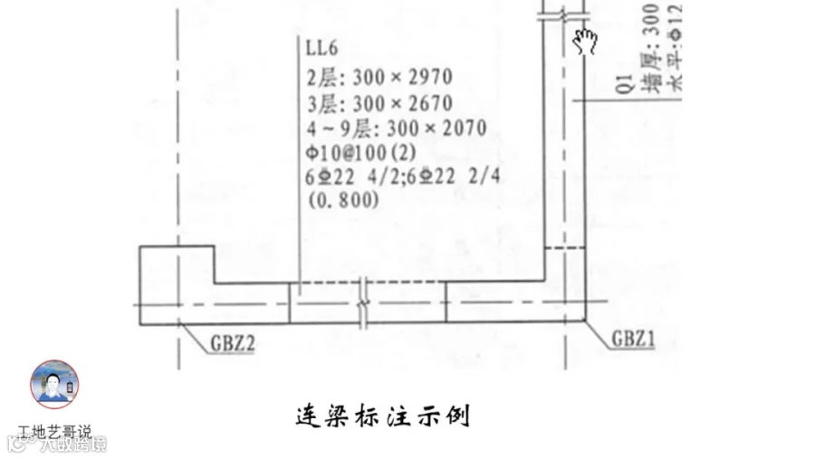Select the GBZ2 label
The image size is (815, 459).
click(232, 344)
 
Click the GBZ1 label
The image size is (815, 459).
click(633, 339)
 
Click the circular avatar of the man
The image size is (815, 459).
click(54, 383)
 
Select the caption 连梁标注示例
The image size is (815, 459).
click(383, 417)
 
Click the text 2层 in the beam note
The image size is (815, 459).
click(323, 77)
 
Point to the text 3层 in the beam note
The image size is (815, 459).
click(323, 102)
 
